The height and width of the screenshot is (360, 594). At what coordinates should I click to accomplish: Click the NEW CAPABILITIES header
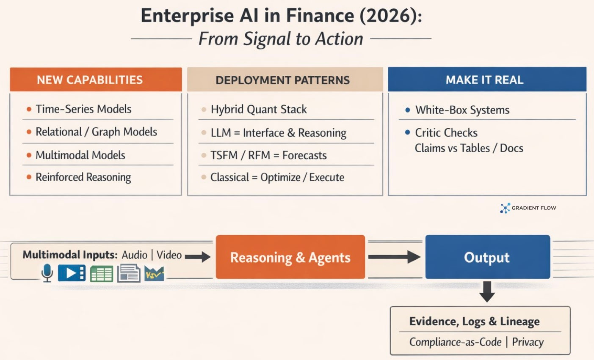(x=90, y=80)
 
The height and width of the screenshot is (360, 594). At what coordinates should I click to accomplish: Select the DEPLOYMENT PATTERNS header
(x=282, y=80)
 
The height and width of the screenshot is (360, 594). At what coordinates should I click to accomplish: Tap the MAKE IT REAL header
(x=484, y=80)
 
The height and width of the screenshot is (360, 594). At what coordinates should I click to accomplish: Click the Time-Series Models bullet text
(x=83, y=109)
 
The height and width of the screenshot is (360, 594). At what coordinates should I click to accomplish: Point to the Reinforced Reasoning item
(x=83, y=177)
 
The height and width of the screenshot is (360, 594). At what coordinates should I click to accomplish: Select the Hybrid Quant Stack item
(x=259, y=110)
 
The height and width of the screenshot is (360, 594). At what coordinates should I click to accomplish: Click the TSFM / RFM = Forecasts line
(x=268, y=155)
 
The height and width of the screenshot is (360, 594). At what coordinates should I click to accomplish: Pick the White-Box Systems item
(x=462, y=110)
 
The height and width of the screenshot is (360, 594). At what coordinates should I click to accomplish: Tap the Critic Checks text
(x=446, y=133)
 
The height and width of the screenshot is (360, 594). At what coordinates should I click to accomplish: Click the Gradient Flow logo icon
(x=505, y=208)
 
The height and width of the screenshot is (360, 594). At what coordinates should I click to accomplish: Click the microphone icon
(x=47, y=273)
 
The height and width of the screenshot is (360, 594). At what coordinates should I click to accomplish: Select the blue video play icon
(x=72, y=273)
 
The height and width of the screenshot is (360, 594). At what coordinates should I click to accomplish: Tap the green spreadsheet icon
(x=101, y=274)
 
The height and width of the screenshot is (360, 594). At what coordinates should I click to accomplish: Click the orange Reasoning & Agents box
(x=290, y=257)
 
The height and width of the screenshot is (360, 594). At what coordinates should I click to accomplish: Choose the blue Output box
(x=487, y=257)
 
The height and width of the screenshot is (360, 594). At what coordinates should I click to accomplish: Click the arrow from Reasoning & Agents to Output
(x=394, y=257)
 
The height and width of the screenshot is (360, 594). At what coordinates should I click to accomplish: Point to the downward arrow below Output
(x=487, y=291)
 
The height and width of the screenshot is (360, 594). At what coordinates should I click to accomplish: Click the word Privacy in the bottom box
(x=528, y=342)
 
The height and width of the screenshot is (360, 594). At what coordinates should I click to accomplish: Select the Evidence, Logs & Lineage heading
(x=474, y=322)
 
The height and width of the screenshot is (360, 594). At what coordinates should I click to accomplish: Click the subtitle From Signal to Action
(x=281, y=39)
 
